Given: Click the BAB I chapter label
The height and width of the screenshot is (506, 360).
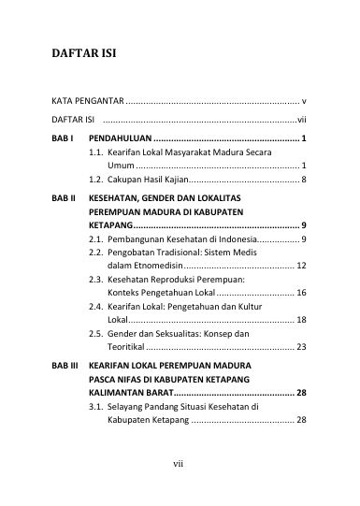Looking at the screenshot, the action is click(x=63, y=138).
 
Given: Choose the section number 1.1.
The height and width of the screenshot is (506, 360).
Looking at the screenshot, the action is click(x=96, y=152).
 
